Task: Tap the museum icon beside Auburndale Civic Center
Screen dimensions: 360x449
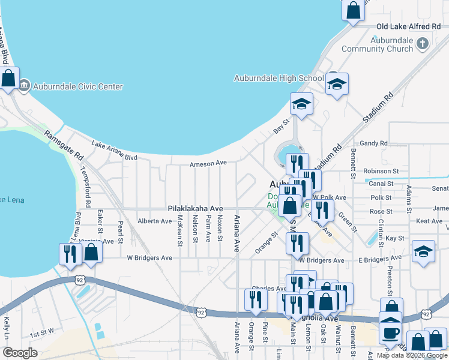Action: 25,86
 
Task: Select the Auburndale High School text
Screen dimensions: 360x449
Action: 279,78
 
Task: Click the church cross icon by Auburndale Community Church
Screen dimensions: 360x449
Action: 423,43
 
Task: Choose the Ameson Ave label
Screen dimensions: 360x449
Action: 208,163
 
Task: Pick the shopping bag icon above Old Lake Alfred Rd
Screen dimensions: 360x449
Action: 354,10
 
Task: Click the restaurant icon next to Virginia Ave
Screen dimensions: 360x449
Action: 70,254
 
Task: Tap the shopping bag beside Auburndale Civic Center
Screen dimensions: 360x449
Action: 8,79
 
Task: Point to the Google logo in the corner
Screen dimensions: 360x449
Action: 19,353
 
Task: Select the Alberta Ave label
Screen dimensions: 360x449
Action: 155,221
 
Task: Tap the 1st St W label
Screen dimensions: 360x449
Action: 43,331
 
